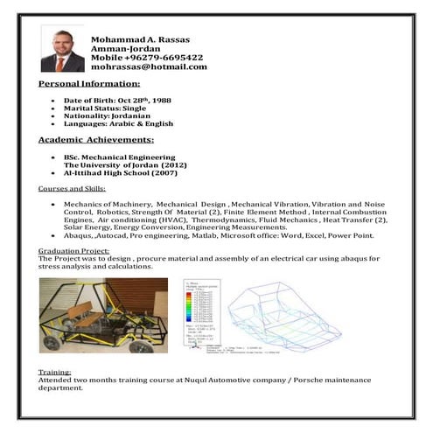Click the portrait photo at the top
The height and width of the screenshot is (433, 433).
63,48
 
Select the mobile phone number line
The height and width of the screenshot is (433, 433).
147,58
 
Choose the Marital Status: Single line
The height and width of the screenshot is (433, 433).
101,109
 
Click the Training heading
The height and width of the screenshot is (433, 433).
54,372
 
